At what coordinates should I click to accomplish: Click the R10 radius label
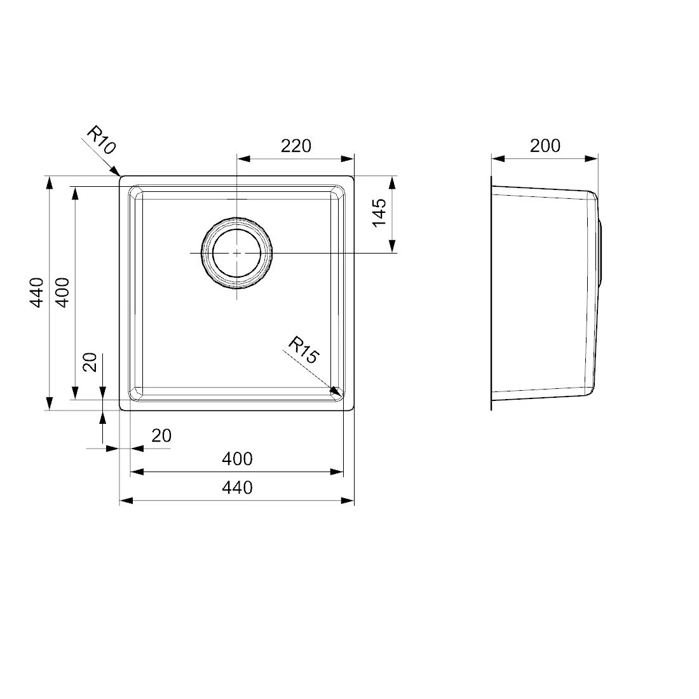click(101, 140)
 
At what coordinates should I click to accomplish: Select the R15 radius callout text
click(304, 350)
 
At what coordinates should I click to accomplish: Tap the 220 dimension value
click(295, 146)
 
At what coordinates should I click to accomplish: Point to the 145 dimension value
click(379, 212)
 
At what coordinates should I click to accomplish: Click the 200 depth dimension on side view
click(545, 146)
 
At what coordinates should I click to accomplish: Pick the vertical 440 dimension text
click(37, 292)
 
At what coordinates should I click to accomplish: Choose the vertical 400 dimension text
click(63, 292)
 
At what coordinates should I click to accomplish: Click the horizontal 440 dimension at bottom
click(237, 487)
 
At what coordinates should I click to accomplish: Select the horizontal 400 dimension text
click(237, 459)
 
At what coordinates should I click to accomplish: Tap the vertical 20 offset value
click(90, 362)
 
